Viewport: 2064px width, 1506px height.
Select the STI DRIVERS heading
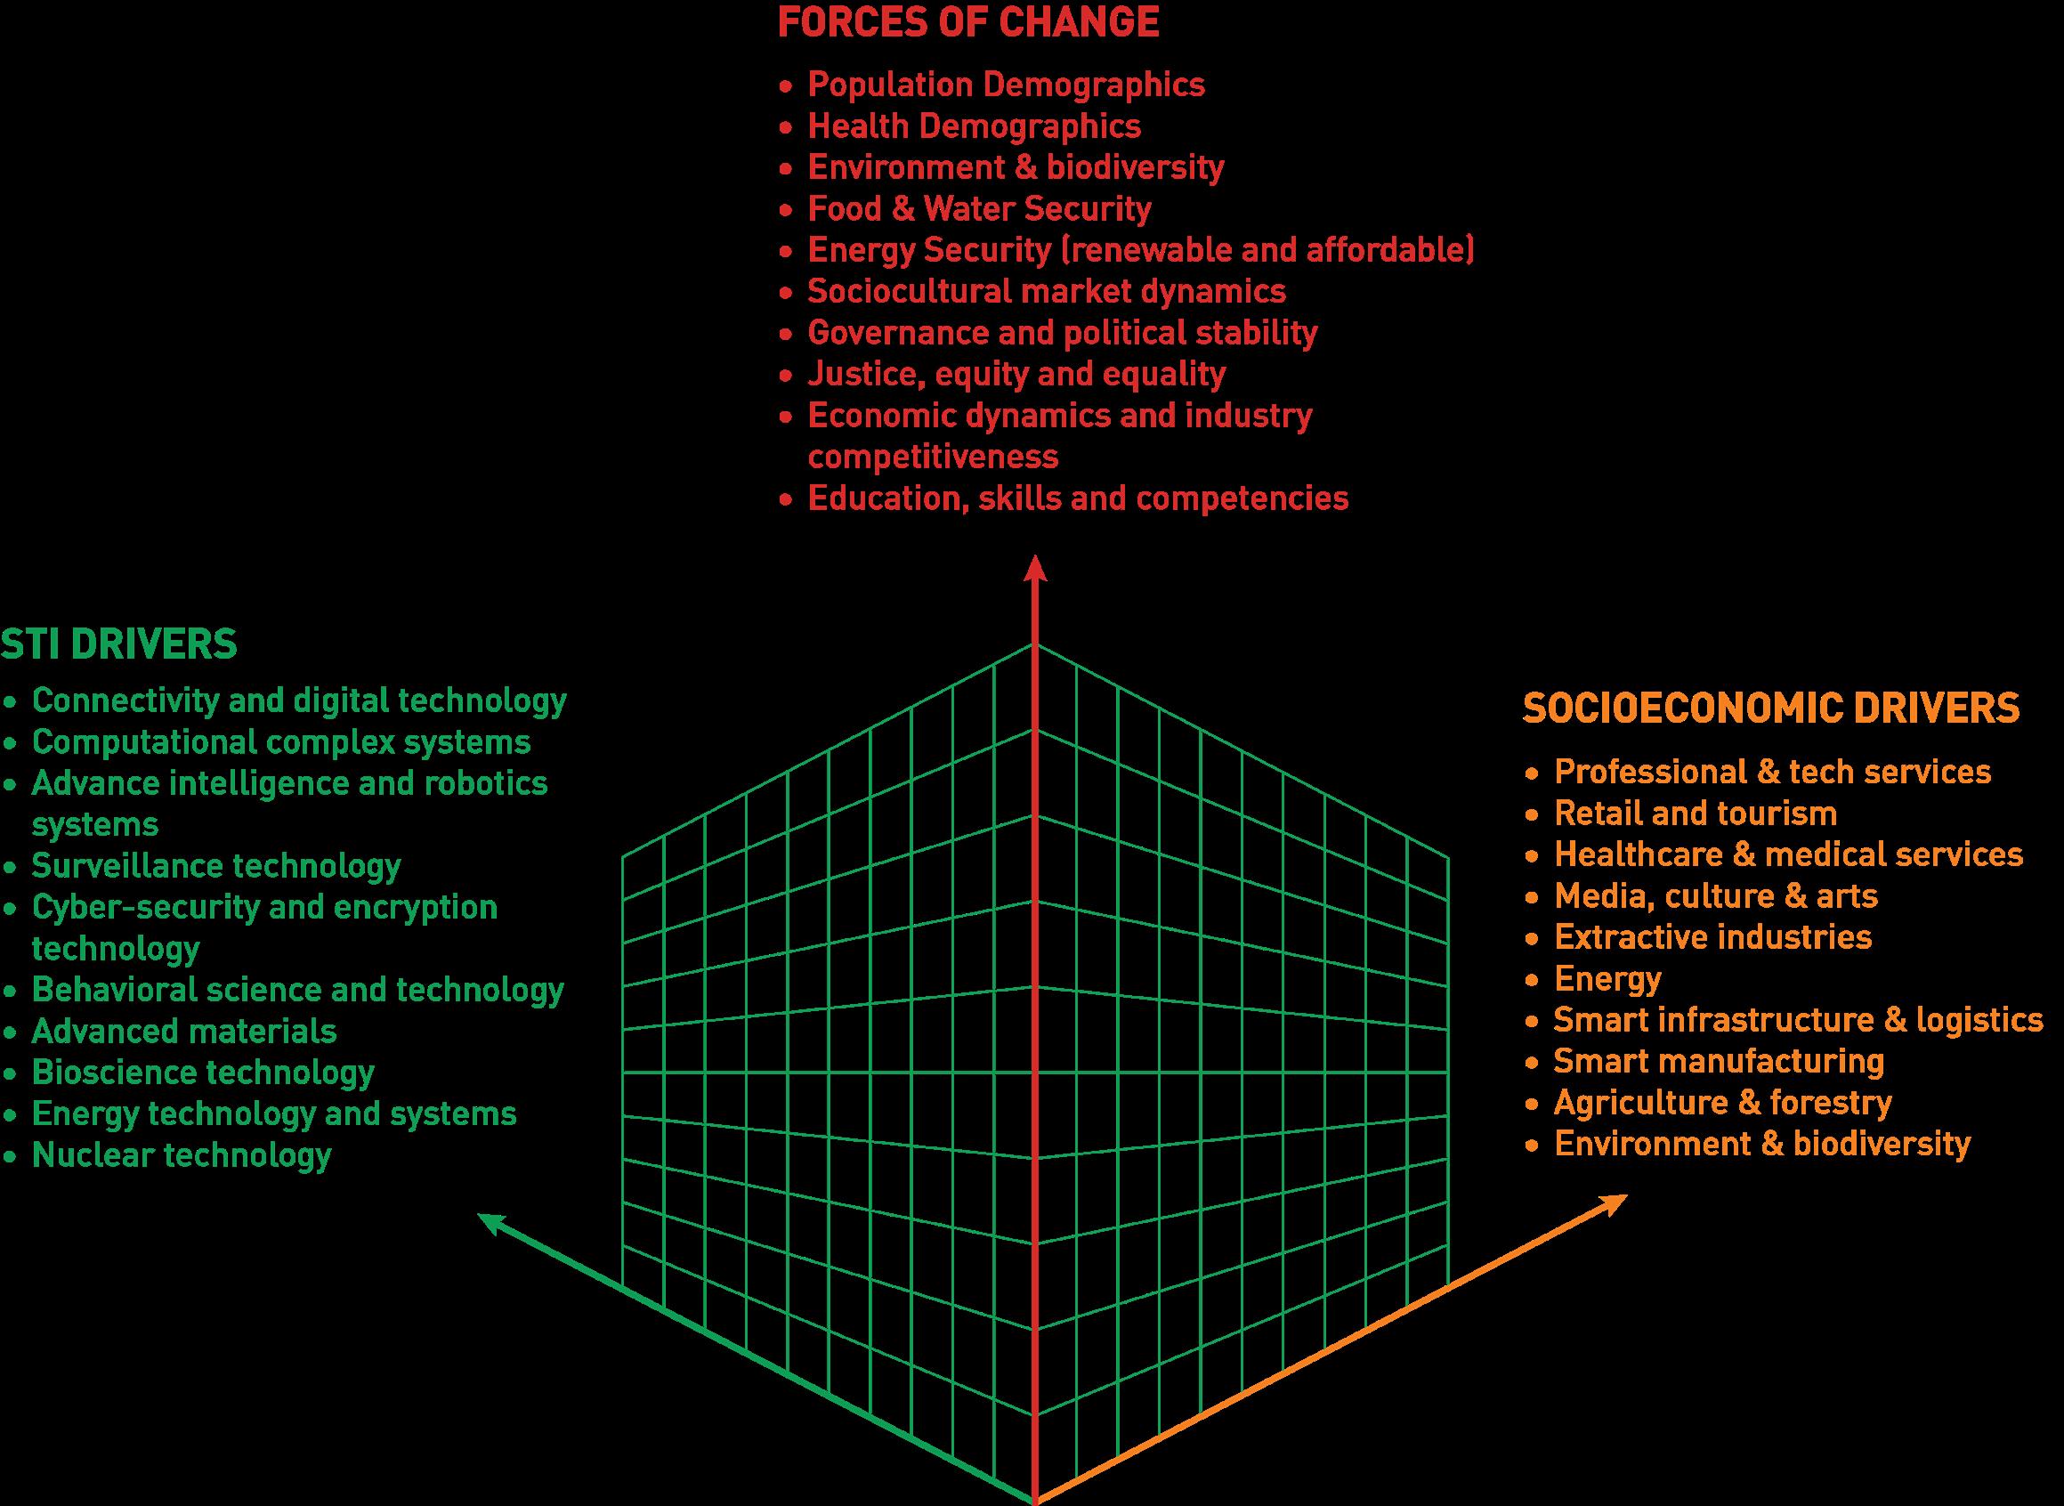(118, 644)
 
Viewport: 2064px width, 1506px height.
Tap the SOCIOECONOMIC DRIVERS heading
(1771, 708)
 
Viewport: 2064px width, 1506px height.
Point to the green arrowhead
(492, 1222)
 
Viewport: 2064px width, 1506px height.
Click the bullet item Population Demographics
(1006, 85)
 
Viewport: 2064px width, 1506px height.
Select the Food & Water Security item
(979, 209)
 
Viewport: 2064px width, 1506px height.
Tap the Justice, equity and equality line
(1016, 374)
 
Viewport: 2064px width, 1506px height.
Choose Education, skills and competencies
(1078, 498)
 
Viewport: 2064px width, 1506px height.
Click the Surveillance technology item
(216, 865)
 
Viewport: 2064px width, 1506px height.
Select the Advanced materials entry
(184, 1031)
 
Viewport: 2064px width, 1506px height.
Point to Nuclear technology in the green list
(182, 1155)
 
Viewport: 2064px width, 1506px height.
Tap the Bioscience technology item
(203, 1072)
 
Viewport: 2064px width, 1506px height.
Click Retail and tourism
(1695, 814)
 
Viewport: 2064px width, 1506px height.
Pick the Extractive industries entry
(1712, 937)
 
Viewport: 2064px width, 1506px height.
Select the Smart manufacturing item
(1719, 1061)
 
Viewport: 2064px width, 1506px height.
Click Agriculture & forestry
(1722, 1103)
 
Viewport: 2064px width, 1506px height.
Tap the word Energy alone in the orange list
(1607, 979)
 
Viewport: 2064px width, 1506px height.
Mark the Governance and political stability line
(1062, 333)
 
